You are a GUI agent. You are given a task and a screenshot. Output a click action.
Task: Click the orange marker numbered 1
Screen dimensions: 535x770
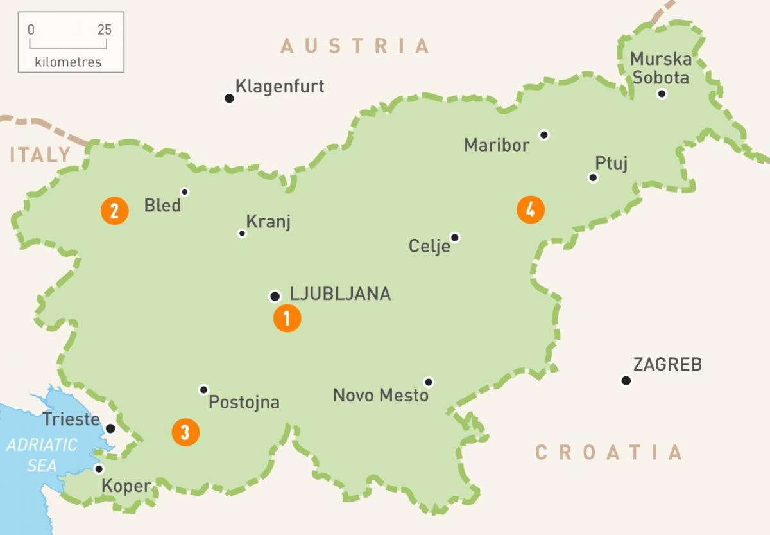(x=287, y=318)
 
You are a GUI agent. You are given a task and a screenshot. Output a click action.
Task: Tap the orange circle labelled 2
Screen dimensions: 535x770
(x=115, y=211)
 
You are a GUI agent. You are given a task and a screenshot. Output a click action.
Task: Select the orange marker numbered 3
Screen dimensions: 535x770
(x=185, y=432)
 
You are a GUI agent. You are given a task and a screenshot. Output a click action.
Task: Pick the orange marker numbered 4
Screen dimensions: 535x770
(x=531, y=209)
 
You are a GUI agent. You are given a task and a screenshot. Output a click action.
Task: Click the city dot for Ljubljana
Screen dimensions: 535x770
(x=275, y=296)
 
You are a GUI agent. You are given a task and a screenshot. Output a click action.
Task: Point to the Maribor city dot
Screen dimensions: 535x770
(x=544, y=135)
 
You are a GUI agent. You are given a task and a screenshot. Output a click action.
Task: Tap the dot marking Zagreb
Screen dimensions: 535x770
(x=626, y=381)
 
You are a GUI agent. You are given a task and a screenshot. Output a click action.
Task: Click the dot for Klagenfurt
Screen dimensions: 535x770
(x=229, y=98)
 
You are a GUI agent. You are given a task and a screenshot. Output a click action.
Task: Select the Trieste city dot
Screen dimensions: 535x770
(x=110, y=428)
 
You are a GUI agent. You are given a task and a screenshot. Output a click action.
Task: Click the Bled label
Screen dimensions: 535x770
(x=162, y=206)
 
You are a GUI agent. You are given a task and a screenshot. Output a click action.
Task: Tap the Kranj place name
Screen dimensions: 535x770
(x=268, y=222)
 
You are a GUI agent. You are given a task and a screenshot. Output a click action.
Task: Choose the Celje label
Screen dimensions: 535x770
(x=429, y=246)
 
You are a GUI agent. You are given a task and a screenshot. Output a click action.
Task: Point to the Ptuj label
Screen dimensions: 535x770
(x=611, y=163)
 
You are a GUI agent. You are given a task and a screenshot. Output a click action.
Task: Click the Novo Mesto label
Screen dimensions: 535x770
(x=381, y=395)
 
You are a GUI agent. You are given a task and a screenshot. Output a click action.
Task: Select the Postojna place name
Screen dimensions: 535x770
(x=244, y=403)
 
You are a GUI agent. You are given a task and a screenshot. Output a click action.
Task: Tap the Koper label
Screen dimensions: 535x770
(x=126, y=486)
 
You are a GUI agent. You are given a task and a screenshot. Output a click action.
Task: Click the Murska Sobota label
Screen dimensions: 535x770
(x=660, y=69)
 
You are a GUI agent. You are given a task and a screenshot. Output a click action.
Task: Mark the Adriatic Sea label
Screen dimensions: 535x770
(x=42, y=455)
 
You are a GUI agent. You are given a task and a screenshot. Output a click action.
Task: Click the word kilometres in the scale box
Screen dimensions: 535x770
(x=69, y=62)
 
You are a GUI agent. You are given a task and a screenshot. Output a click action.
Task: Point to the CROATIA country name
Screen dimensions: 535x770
(x=608, y=452)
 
